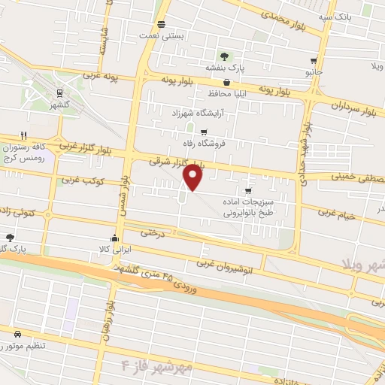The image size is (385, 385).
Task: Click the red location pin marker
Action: pos(193,177)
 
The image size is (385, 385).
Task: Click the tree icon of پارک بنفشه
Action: pos(224,56)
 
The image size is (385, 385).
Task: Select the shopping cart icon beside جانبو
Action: pos(314,61)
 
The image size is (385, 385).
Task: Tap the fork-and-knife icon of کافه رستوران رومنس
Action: pos(24,136)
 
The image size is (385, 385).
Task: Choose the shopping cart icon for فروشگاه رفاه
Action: pos(203,131)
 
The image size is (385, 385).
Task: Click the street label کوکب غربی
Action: pos(80,180)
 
